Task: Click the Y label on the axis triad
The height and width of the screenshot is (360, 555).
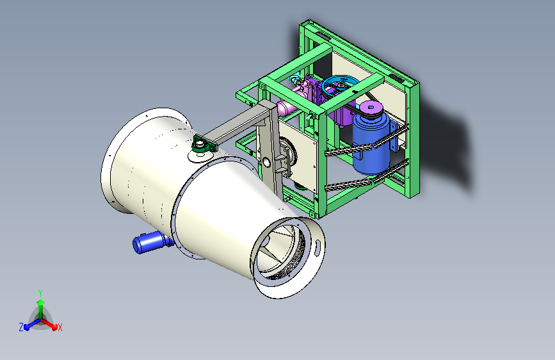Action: click(x=40, y=293)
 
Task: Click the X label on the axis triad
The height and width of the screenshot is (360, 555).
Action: click(x=60, y=327)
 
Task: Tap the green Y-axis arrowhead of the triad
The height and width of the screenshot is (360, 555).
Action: click(x=41, y=302)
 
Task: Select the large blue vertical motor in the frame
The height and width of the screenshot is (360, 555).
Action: click(x=371, y=143)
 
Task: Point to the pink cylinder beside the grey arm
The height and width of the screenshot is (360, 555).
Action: click(x=287, y=108)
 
